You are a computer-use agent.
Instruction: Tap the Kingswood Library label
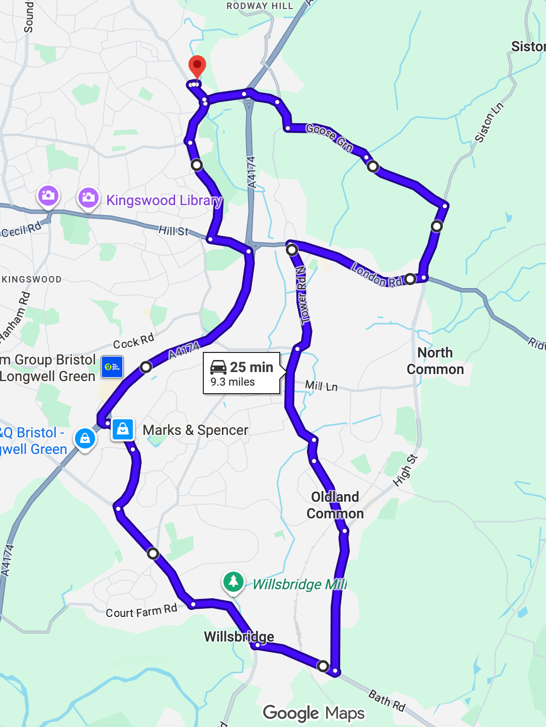pos(164,201)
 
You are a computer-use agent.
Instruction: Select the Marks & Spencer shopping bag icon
pos(123,429)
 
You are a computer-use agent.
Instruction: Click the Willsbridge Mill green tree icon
pos(233,582)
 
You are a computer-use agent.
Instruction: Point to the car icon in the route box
pos(218,367)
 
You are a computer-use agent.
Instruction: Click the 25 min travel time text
pos(252,367)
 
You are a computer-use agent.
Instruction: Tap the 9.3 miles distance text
pos(232,382)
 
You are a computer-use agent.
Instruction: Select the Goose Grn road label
pos(330,137)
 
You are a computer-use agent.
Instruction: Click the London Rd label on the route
pos(377,275)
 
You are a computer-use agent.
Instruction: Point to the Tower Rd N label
pos(302,295)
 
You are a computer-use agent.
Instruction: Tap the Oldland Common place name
pos(335,505)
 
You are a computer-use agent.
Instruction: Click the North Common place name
pos(435,361)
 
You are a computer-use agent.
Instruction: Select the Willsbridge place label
pos(239,637)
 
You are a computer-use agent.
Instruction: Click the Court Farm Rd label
pos(141,611)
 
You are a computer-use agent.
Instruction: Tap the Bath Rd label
pos(386,700)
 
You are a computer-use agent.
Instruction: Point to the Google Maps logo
pos(314,713)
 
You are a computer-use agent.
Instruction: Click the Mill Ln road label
pos(321,386)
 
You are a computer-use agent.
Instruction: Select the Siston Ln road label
pos(489,123)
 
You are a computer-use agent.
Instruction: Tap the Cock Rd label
pos(133,342)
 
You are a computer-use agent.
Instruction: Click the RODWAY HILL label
pos(260,6)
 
